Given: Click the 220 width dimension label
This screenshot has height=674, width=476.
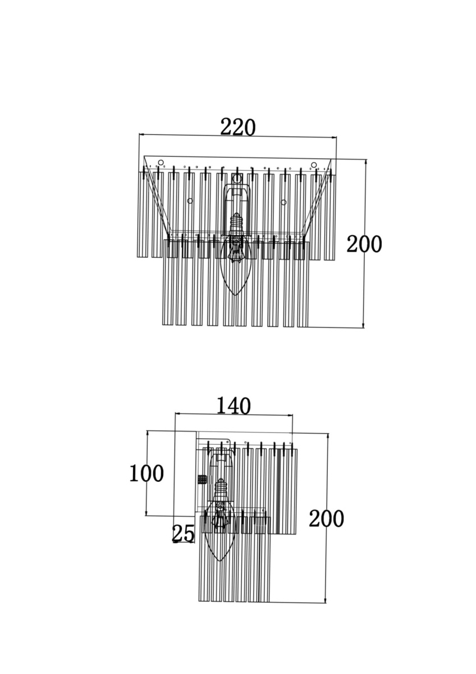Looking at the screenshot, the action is point(237,127).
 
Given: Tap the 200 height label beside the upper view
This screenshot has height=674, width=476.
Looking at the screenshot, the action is point(364,244).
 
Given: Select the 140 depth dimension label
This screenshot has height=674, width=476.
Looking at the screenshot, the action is point(234,406).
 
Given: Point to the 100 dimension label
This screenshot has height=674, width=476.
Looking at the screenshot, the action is point(147,473).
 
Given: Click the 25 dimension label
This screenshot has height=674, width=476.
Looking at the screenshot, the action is point(183,534).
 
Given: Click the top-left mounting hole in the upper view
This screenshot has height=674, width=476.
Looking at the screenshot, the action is point(161,163).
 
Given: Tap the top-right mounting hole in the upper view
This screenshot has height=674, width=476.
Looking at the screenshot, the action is point(314,165).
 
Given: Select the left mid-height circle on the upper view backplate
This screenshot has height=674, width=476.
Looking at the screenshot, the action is point(190,201).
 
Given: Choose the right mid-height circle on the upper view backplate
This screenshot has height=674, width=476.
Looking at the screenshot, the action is point(283,202).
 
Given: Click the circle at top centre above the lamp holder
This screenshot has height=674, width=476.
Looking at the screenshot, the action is point(237,179).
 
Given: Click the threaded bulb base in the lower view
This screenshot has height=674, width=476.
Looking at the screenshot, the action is point(221,489).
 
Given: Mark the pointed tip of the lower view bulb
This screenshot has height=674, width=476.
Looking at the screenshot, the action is point(220,561).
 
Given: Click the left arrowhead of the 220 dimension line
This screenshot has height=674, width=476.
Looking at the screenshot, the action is point(142,135).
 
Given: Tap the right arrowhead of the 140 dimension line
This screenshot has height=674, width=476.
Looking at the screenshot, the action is point(290,416).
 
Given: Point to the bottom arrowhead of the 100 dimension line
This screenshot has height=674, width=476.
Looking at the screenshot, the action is point(147,513).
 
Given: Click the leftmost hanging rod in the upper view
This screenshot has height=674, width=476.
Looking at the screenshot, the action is point(143,215).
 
